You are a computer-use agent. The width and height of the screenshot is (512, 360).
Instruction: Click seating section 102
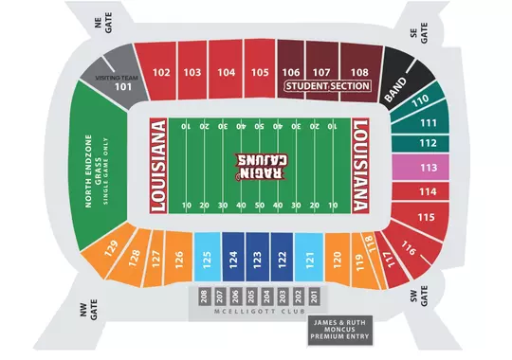point(161,72)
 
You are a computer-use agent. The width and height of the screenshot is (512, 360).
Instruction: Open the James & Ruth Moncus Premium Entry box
point(340,330)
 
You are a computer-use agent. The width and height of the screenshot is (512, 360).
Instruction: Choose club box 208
point(203,296)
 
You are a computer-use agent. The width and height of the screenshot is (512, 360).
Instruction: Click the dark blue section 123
point(257,255)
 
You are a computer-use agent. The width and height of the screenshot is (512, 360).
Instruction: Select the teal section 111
point(428,123)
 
